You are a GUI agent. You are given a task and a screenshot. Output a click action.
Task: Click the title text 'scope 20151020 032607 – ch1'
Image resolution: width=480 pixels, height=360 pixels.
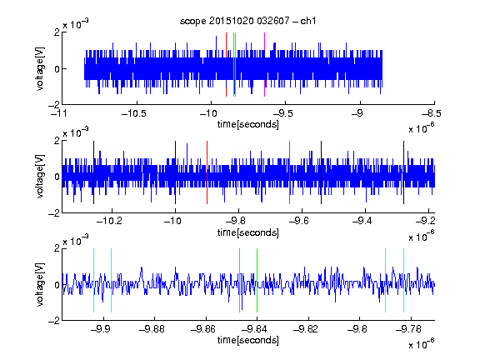pos(248,21)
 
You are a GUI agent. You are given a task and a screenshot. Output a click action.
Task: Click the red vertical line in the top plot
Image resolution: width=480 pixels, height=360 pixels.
pos(226,65)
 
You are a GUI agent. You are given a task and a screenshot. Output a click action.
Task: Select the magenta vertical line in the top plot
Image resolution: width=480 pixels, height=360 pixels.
pos(264,65)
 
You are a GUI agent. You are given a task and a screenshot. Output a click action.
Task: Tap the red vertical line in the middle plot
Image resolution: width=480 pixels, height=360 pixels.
pos(207,172)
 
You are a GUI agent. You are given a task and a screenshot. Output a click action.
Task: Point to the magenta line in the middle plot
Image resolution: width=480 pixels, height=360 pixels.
pos(290,172)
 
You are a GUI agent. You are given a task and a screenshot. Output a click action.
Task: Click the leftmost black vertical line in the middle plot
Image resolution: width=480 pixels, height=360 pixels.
pos(93,172)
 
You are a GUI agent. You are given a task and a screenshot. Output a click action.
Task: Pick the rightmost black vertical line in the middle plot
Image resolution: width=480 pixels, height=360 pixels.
pos(404,172)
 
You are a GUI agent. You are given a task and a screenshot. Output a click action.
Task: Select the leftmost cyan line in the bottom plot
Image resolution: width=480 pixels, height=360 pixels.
pos(93,280)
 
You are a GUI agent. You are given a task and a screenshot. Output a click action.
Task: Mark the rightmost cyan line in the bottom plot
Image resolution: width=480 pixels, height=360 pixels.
pos(404,280)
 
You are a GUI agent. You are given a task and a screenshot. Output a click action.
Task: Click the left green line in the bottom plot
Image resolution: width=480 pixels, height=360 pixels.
pos(239,280)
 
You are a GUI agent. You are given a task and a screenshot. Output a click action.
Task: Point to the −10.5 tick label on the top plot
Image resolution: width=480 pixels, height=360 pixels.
pos(134,113)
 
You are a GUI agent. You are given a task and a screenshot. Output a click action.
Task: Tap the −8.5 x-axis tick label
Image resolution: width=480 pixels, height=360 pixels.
pos(432,113)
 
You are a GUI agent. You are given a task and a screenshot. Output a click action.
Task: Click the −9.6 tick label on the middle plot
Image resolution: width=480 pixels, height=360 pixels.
pos(298,220)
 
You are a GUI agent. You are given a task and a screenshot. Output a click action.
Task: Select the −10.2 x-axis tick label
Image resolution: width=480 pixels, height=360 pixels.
pos(109,220)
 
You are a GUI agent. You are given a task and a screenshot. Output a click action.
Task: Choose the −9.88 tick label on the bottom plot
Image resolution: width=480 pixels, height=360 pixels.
pos(152,329)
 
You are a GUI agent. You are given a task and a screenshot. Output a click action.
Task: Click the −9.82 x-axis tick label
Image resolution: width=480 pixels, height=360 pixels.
pos(306,329)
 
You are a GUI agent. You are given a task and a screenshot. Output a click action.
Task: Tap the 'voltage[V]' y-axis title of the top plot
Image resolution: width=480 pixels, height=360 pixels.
pos(40,68)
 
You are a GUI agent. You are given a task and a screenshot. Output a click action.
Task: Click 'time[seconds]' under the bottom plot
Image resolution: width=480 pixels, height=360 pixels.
pos(248,340)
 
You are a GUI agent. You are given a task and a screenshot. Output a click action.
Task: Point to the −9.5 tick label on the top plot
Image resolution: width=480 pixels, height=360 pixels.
pos(282,113)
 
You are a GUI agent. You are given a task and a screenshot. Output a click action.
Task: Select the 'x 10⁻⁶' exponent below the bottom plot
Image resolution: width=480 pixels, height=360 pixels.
pos(422,344)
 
